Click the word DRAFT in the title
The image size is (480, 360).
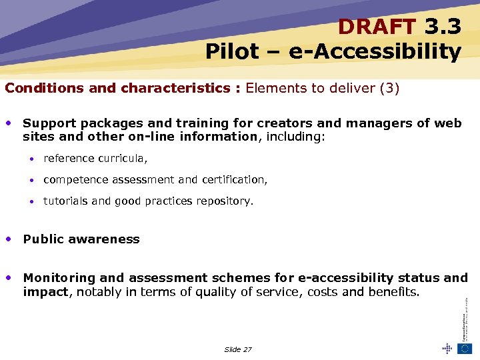376,26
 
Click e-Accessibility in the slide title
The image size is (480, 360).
375,51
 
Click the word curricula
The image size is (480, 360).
123,159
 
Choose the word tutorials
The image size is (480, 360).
65,201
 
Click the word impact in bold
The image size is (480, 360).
45,292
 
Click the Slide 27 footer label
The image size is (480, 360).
238,349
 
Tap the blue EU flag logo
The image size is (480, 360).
465,348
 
